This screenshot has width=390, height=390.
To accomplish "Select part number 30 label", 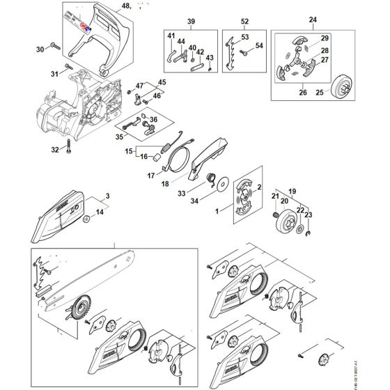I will (40, 49).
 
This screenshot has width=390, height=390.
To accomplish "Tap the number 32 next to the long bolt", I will (54, 150).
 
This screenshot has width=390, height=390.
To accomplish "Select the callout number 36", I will (154, 119).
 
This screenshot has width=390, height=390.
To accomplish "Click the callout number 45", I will (164, 82).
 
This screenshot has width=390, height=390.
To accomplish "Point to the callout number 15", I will (129, 150).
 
